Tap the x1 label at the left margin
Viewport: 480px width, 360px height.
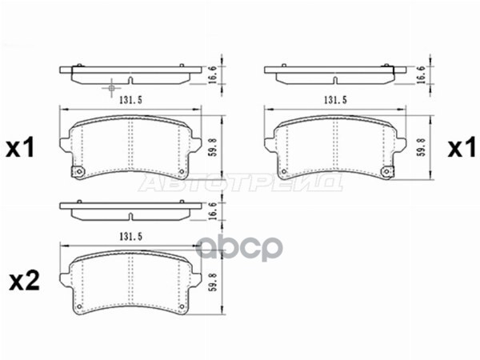[21, 148]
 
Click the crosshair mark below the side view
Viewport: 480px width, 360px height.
[111, 84]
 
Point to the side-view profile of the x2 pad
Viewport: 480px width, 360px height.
[130, 211]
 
